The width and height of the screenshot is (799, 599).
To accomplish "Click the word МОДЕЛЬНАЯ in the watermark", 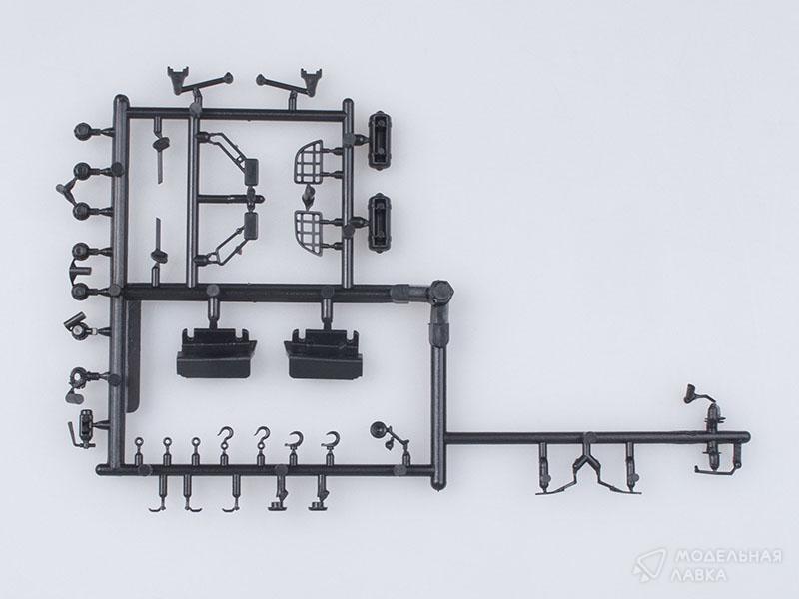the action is click(x=728, y=556).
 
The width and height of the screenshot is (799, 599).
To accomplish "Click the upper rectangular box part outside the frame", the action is click(x=379, y=140).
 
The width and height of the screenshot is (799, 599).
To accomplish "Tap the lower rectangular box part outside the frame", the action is click(x=379, y=222).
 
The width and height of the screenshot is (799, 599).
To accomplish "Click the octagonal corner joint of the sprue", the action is click(x=441, y=292).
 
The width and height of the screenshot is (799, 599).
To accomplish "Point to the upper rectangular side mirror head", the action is click(x=251, y=171).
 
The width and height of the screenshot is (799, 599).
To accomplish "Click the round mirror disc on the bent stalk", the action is click(x=379, y=430).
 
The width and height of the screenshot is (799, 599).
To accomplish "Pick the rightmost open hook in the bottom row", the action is click(x=332, y=440).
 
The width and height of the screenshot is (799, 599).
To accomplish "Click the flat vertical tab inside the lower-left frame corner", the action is click(x=133, y=356).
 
